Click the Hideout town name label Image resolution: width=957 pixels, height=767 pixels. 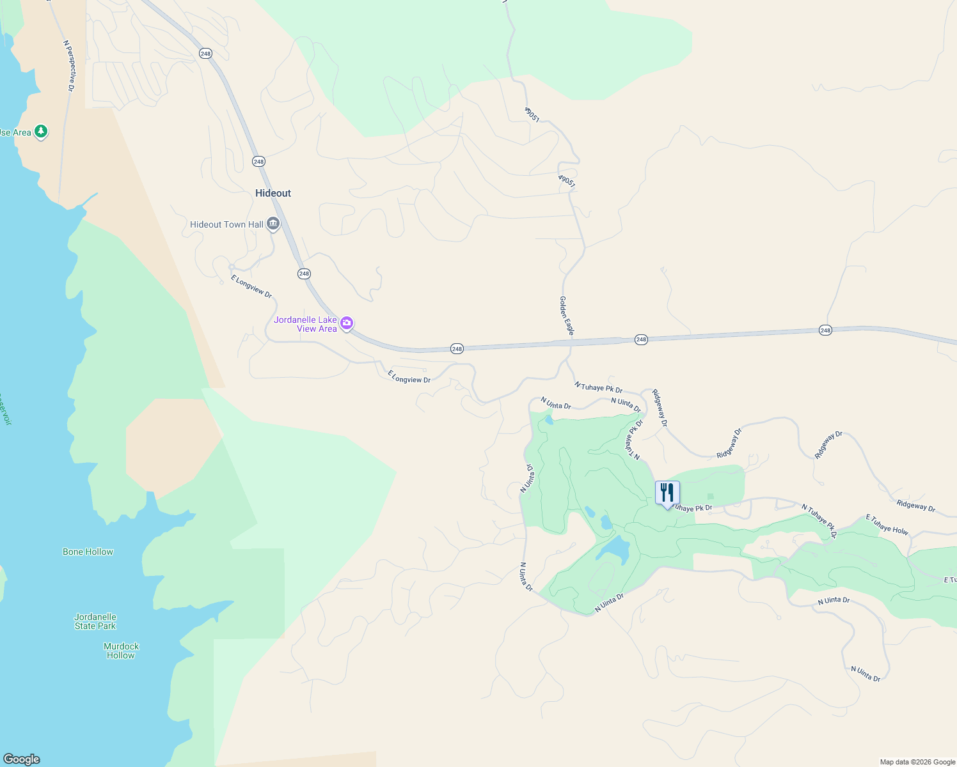pos(273,193)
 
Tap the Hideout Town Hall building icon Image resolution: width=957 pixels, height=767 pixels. pos(273,224)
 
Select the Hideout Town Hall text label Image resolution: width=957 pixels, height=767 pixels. pos(226,224)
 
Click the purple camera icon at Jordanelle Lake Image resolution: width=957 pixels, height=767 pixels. pos(347,323)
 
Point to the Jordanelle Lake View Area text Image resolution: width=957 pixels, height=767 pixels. pos(306,324)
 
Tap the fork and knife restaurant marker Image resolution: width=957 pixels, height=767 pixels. pos(667,493)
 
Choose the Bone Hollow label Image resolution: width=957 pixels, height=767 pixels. pos(88,552)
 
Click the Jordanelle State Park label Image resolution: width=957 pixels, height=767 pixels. pos(95,621)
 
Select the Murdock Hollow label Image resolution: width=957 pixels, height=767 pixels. pos(121,651)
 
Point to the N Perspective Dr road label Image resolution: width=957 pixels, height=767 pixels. pos(70,66)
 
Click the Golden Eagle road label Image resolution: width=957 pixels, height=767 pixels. pos(567,315)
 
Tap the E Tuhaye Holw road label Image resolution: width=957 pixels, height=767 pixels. pos(887,524)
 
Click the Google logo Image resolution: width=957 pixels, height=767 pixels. pos(22,759)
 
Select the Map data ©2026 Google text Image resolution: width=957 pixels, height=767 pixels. pos(917,762)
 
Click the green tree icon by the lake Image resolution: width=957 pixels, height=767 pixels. pos(41,132)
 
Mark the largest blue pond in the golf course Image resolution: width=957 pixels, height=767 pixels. pos(614,548)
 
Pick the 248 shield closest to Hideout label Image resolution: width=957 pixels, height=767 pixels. pos(258,162)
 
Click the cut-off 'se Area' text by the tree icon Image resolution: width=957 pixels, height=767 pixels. pos(15,132)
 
